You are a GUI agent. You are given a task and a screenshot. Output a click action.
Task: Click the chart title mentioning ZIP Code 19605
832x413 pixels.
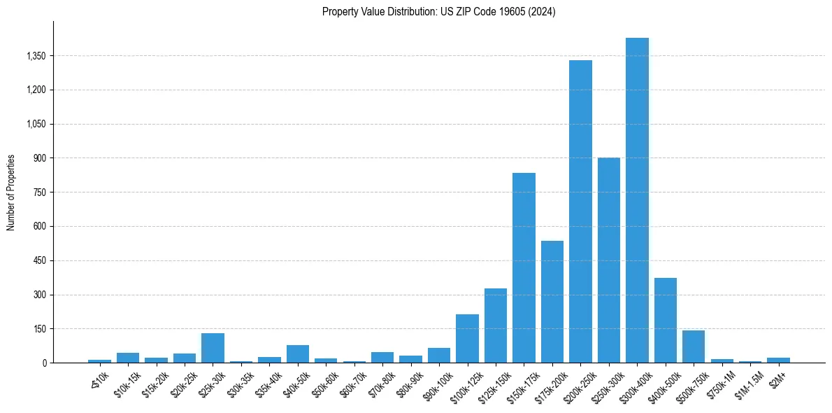coord(438,12)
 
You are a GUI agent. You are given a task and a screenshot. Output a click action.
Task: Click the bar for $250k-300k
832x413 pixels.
coord(609,260)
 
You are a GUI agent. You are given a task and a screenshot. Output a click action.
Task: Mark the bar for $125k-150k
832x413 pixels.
coord(496,325)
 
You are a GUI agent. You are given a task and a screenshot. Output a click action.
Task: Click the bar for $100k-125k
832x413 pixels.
coord(467,338)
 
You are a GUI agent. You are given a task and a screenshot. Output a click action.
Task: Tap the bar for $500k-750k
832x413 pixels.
coord(694,346)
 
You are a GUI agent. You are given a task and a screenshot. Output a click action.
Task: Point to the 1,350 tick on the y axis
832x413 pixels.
coord(35,56)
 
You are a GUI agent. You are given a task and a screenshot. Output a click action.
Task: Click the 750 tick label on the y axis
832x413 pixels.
coord(38,192)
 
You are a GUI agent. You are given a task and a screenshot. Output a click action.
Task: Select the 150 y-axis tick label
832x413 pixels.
coord(38,329)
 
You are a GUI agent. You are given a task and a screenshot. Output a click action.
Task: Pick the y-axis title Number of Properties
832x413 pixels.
coord(11,192)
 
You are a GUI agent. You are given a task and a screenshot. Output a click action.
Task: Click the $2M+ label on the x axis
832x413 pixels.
coord(776,379)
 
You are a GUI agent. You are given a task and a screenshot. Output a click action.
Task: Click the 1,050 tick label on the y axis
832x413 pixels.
coord(35,124)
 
